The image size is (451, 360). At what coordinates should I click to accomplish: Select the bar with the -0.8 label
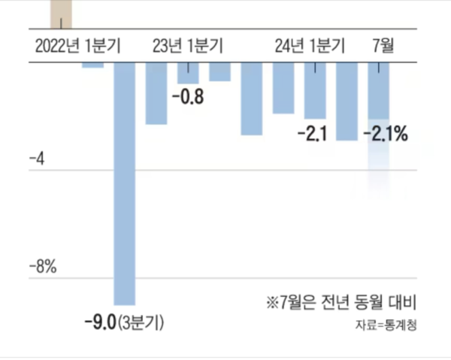pos(188,73)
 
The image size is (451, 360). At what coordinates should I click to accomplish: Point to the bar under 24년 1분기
pos(315,91)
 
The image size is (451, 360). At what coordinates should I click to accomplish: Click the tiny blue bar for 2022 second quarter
pos(93,65)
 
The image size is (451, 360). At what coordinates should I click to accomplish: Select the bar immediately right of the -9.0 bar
pos(156,93)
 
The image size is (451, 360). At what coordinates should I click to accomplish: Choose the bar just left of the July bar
pos(347,101)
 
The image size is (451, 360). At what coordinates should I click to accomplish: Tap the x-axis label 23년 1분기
pos(187,46)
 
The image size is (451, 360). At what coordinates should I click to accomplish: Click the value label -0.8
pos(188,98)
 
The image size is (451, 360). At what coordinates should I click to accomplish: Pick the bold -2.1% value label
pos(385,135)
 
